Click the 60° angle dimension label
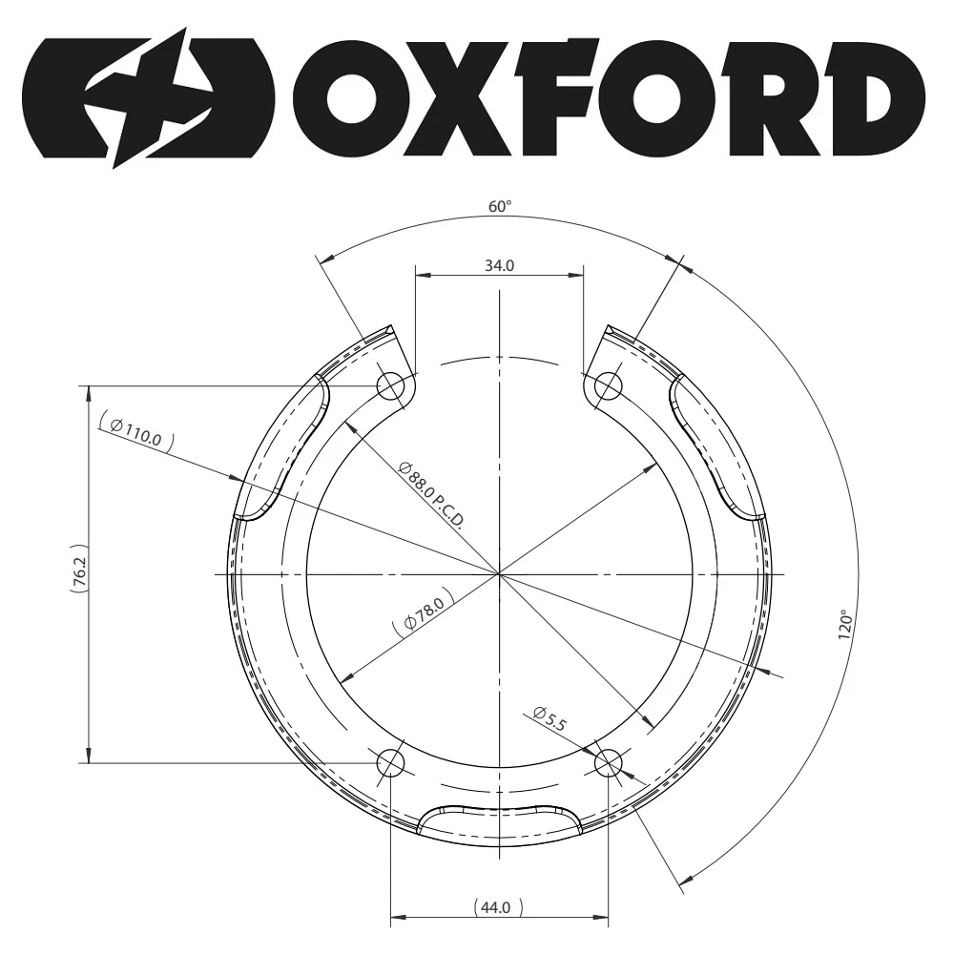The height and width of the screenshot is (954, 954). point(500,207)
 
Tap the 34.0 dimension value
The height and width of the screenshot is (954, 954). point(499,266)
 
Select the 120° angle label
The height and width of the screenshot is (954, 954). point(846,624)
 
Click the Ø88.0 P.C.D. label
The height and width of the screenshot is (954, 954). point(431,495)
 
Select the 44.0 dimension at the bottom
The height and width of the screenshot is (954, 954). point(496,908)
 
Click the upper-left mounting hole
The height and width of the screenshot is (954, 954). point(391,385)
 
